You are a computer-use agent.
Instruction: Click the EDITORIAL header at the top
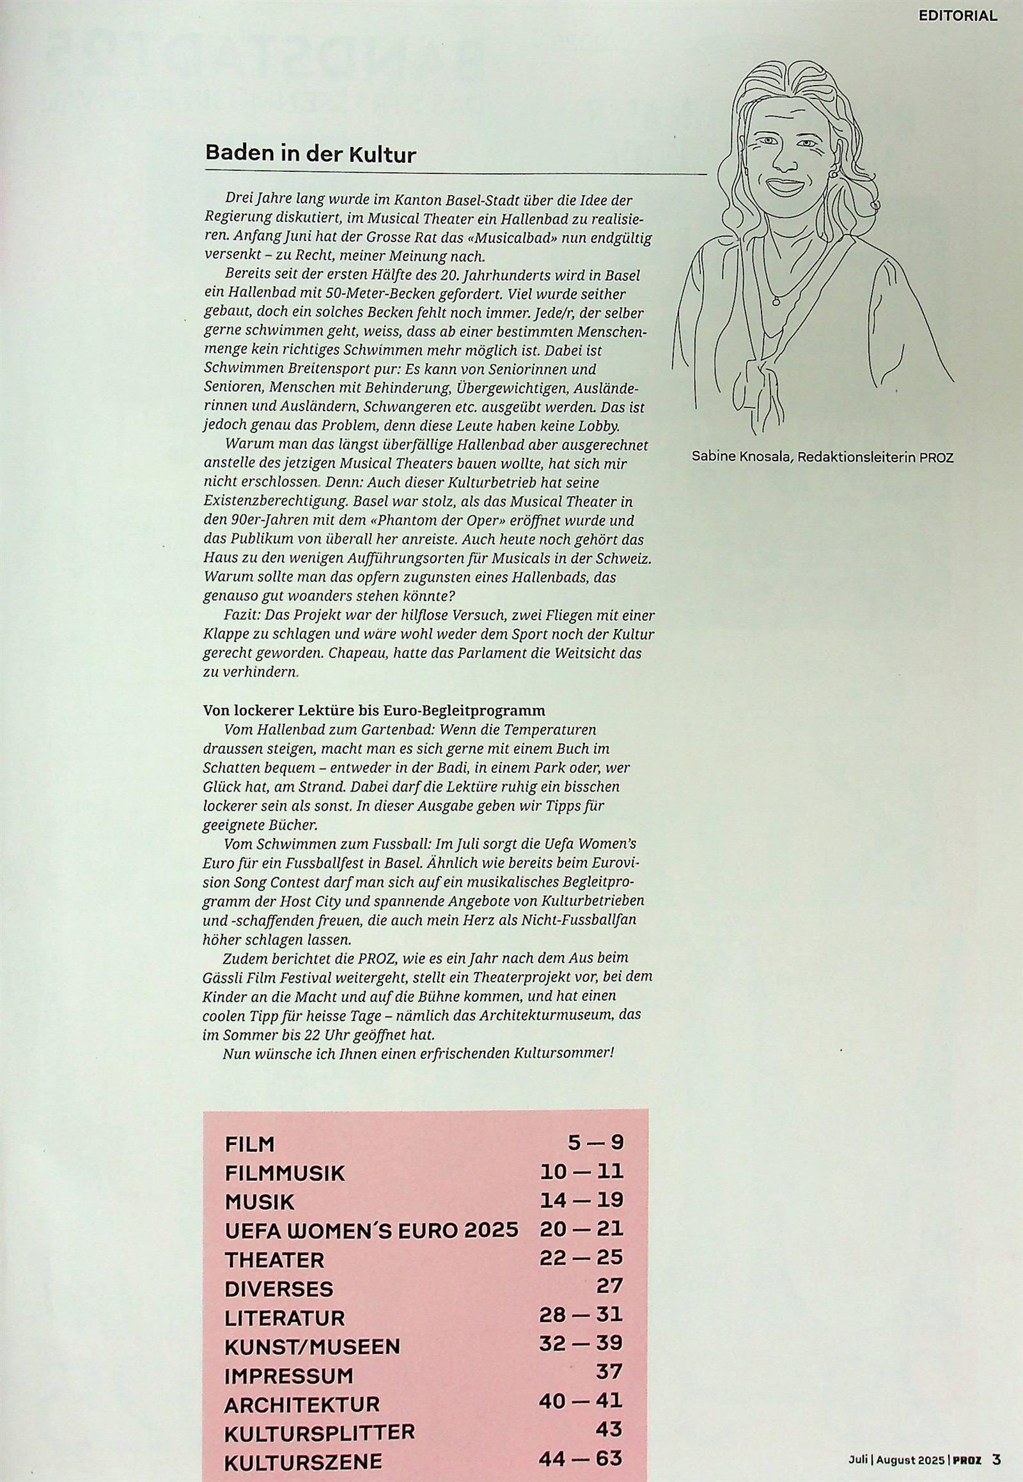[957, 16]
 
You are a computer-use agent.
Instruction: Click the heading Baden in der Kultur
[310, 155]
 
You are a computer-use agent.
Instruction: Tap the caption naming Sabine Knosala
[822, 457]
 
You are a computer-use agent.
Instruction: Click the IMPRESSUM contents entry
[288, 1371]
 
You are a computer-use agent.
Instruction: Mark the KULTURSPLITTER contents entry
[319, 1428]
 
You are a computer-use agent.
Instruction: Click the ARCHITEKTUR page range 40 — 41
[581, 1399]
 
